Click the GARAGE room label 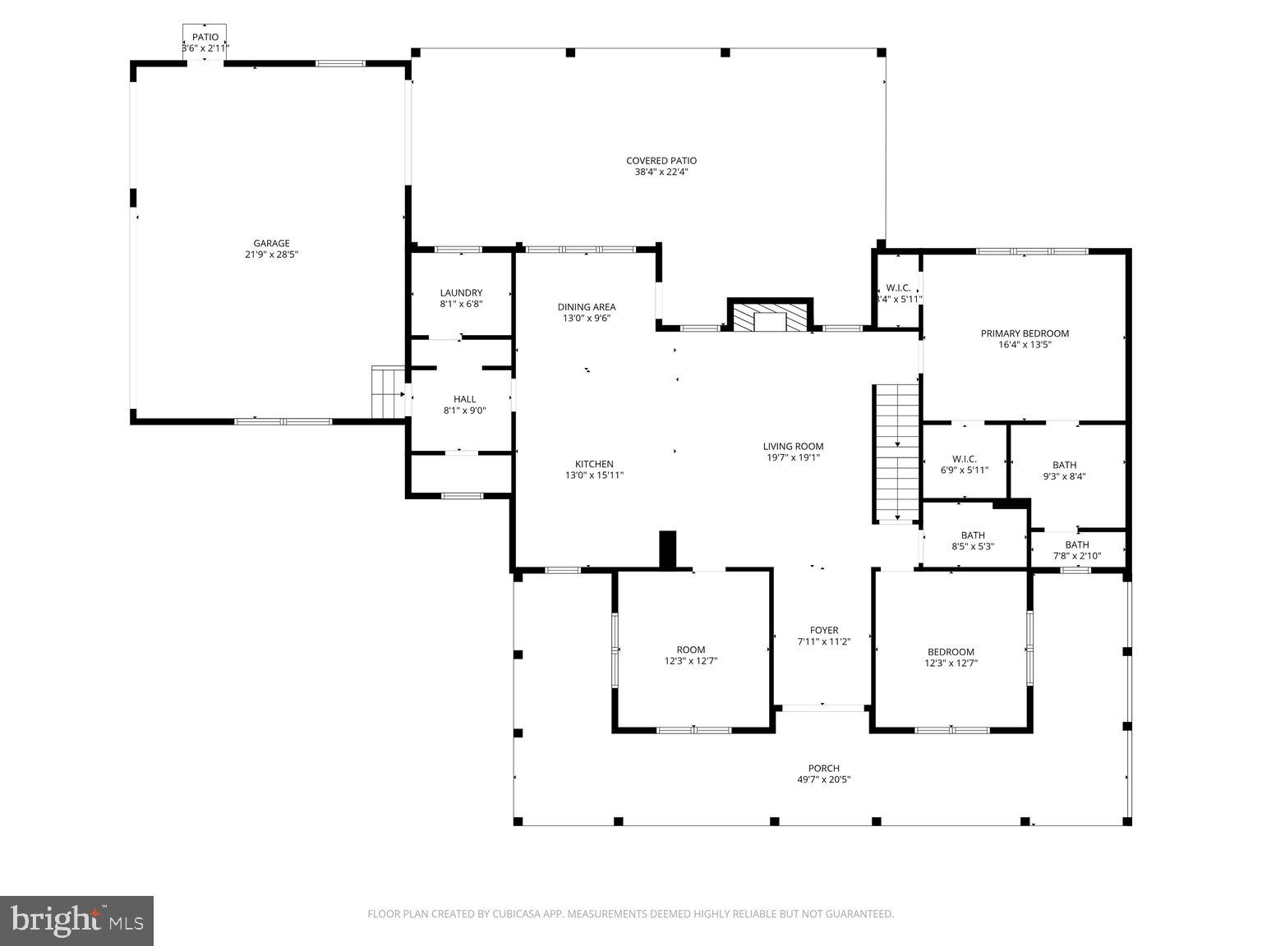(x=271, y=243)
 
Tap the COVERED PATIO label (x=661, y=161)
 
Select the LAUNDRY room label (x=461, y=293)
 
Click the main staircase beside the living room (x=896, y=452)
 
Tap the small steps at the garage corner (x=385, y=393)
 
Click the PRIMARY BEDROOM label (x=1025, y=333)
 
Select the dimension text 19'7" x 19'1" (x=792, y=458)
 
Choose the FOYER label (x=823, y=631)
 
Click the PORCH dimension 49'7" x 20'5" (x=823, y=780)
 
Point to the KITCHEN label (x=594, y=464)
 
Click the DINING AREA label (x=587, y=307)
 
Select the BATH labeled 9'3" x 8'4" (x=1064, y=465)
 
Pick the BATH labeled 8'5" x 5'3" (x=973, y=535)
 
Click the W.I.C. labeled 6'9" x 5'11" (x=964, y=459)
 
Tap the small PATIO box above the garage (x=205, y=38)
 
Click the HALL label (x=465, y=399)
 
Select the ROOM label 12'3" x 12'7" (x=691, y=650)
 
